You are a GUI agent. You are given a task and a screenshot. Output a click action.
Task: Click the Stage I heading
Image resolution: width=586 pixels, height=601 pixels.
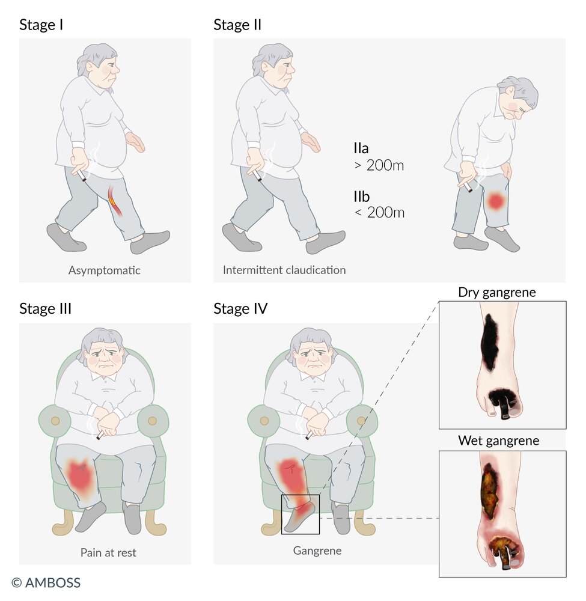(x=41, y=25)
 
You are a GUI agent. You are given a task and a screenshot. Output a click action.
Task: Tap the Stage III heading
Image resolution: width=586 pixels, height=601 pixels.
(x=45, y=308)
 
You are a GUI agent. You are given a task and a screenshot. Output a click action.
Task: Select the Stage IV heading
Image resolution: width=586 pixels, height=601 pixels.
(x=240, y=308)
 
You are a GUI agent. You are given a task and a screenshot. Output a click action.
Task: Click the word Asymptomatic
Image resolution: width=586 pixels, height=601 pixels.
(x=104, y=270)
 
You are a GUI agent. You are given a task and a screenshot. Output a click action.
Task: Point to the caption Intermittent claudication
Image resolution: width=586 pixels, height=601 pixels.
(x=284, y=270)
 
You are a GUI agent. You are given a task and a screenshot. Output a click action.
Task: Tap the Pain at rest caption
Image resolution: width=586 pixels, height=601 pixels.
(x=108, y=552)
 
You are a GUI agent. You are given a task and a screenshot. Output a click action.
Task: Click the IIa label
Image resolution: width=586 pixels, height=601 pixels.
(x=361, y=148)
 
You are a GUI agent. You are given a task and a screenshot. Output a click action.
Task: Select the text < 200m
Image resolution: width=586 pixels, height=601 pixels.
(x=379, y=212)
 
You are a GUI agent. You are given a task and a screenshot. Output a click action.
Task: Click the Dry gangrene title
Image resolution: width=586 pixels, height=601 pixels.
(x=496, y=293)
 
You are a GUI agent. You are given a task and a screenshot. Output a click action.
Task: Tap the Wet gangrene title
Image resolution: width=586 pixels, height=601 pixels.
(x=498, y=441)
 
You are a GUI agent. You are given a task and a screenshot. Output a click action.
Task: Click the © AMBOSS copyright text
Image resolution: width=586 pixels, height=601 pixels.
(x=46, y=583)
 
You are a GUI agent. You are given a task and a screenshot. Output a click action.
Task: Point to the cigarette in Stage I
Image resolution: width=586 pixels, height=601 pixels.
(x=82, y=175)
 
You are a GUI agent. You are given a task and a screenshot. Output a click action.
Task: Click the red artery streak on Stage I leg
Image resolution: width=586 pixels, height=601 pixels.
(x=115, y=200)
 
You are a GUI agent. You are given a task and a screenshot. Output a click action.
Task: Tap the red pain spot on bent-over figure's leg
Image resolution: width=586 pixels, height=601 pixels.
(x=495, y=201)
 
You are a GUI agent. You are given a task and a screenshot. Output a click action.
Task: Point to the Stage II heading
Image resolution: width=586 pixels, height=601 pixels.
(x=237, y=25)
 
